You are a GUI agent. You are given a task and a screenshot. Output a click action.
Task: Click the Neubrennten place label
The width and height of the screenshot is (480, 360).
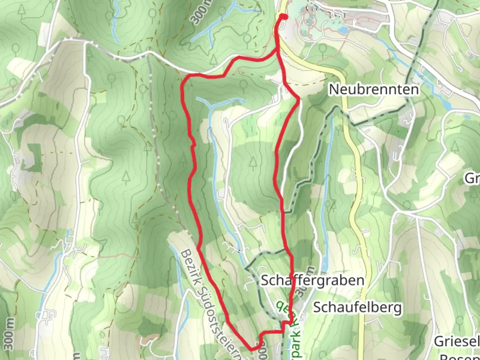[374, 89]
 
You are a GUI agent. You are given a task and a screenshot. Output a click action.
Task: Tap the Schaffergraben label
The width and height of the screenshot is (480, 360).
[312, 280]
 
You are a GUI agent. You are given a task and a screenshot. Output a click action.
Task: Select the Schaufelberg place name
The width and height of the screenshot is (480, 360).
[357, 307]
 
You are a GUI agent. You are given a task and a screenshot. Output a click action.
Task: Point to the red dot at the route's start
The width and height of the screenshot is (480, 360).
[284, 17]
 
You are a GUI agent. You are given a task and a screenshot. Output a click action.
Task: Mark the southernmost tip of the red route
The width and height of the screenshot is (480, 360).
[252, 349]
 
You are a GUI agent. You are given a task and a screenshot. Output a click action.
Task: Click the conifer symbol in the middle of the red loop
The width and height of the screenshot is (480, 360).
[253, 163]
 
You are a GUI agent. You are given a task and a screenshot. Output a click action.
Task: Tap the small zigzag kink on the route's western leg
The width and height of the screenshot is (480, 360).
[192, 143]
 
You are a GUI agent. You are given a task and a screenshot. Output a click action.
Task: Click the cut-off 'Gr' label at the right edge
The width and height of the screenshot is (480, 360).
[473, 179]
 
